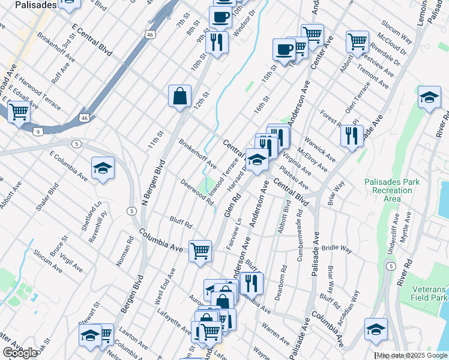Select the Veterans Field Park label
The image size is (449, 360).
(x=430, y=293)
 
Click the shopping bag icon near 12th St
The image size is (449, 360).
(x=179, y=96)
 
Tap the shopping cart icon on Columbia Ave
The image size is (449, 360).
(x=200, y=250)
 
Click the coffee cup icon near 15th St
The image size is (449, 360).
(x=284, y=50)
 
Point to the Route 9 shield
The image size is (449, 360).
(x=38, y=131)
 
